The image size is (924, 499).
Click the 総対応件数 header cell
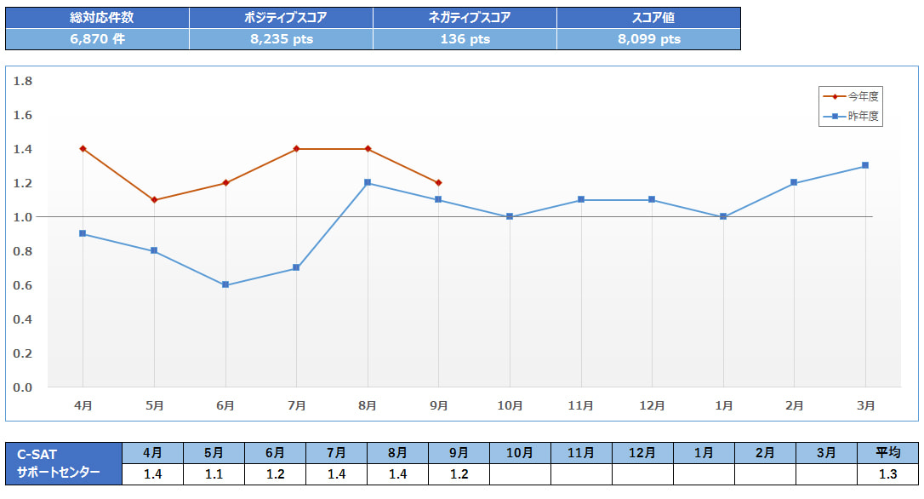click(x=98, y=17)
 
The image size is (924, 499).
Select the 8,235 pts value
click(x=281, y=39)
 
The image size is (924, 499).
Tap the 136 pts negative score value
click(x=465, y=39)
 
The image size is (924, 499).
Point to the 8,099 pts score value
click(x=648, y=39)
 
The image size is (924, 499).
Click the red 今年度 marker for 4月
click(x=83, y=149)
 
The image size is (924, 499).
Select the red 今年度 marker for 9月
click(x=438, y=183)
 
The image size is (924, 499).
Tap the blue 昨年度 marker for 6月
click(x=225, y=285)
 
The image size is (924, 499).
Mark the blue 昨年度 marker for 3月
click(x=865, y=166)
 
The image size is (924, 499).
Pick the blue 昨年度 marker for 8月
click(x=368, y=183)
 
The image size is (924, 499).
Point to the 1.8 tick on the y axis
click(x=23, y=81)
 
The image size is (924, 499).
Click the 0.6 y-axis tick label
click(x=23, y=285)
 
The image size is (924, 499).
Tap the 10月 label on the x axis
click(x=510, y=406)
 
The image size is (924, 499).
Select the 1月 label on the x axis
click(x=723, y=406)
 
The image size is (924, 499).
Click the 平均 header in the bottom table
click(x=887, y=453)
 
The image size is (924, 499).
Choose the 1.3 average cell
click(x=887, y=474)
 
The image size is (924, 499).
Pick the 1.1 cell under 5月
click(x=214, y=474)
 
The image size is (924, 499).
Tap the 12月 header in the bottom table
click(x=642, y=453)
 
